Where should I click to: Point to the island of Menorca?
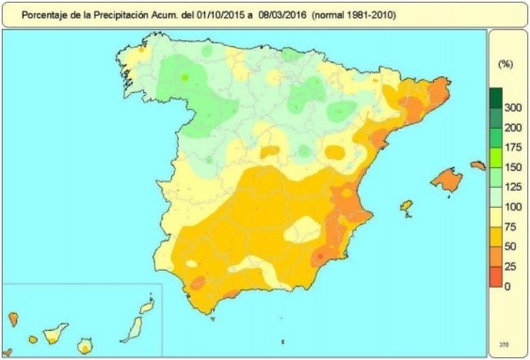click(478, 165)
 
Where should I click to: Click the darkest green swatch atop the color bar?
click(496, 97)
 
